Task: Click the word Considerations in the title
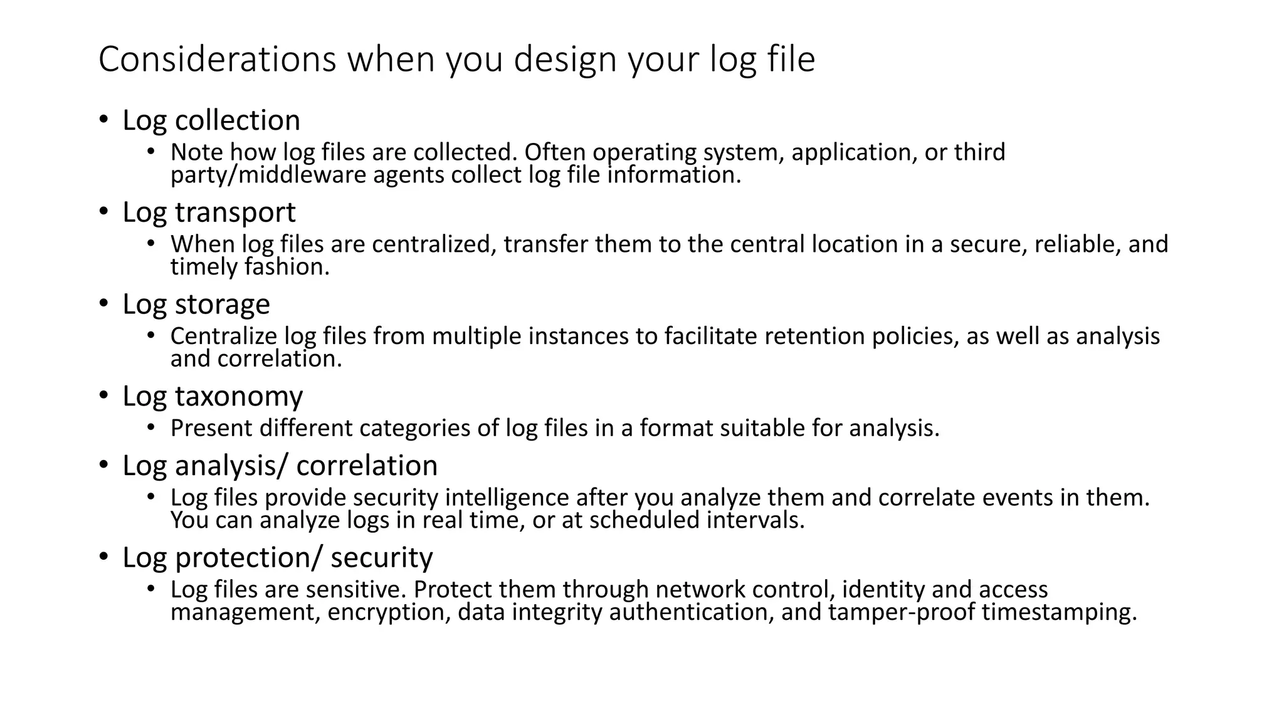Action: click(x=217, y=60)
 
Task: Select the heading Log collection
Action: click(x=211, y=120)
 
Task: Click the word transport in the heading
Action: click(x=235, y=212)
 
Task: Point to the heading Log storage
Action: click(x=196, y=305)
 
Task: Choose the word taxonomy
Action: click(x=239, y=397)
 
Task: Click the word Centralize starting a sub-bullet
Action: click(x=224, y=337)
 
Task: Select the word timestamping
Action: click(x=1059, y=612)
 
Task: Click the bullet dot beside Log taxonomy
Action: click(x=103, y=397)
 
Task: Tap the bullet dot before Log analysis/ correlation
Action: click(x=103, y=466)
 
